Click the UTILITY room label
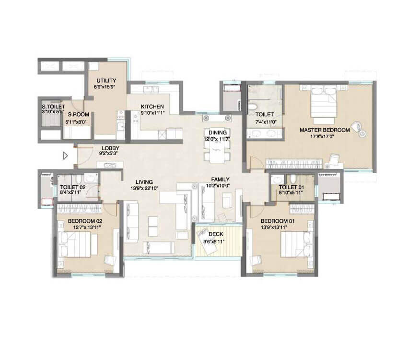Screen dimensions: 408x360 click(106, 81)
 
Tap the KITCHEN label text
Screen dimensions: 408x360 click(152, 107)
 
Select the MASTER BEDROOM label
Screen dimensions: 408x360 click(325, 130)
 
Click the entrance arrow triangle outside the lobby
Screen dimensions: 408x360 click(65, 156)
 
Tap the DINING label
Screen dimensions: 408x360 click(218, 132)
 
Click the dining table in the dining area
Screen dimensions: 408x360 click(217, 151)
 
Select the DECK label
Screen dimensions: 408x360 click(216, 234)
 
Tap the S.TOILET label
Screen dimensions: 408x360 click(53, 107)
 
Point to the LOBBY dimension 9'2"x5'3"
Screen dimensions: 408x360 click(109, 154)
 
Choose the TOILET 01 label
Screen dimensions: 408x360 click(291, 187)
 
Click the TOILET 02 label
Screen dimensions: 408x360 click(72, 187)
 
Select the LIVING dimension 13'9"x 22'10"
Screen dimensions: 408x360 click(144, 188)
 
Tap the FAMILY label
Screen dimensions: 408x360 click(220, 180)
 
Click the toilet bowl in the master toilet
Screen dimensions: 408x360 click(253, 106)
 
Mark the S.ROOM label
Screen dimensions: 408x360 click(79, 114)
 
